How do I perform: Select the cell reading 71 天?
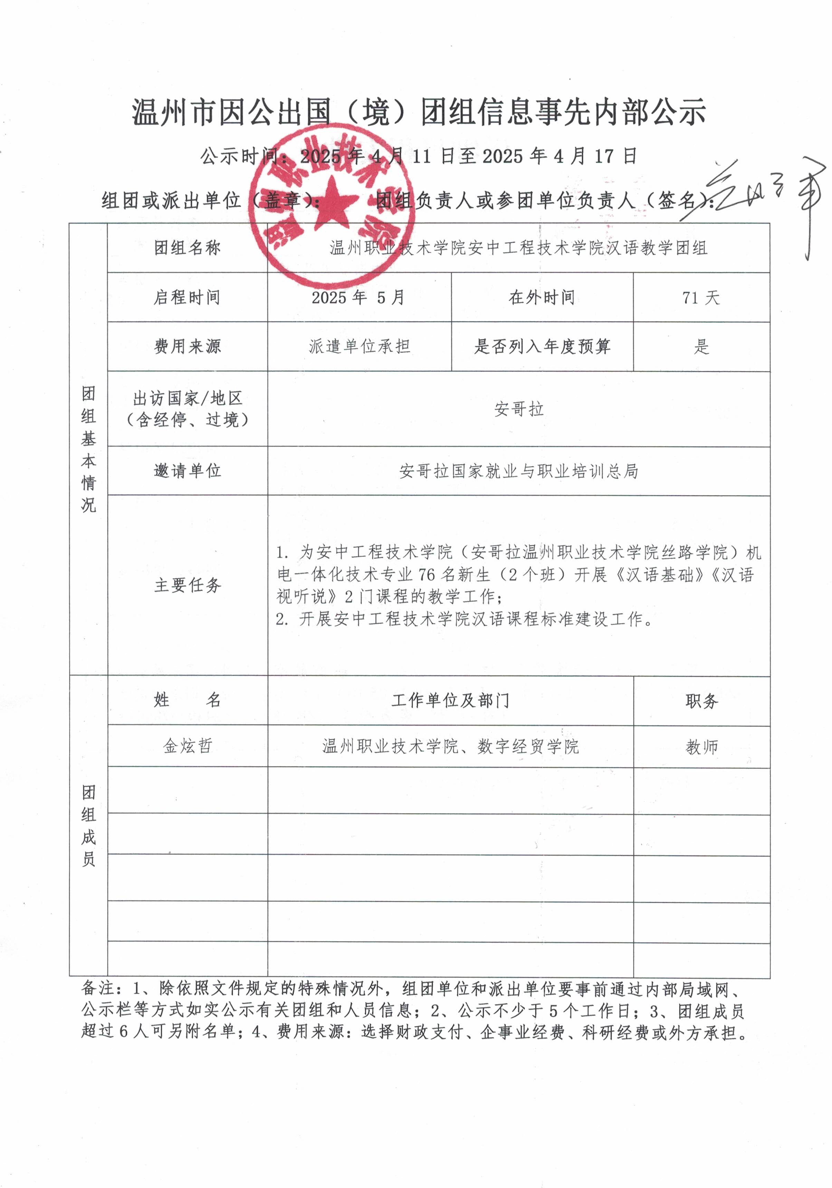701,298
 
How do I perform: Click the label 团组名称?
187,248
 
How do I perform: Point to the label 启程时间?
187,298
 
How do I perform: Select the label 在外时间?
542,298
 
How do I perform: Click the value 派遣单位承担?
360,346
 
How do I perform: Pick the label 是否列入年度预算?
542,346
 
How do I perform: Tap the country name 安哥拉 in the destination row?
519,409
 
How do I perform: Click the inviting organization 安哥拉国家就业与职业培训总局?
519,471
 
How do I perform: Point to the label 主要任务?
187,585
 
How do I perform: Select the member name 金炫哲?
187,746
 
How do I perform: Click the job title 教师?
701,747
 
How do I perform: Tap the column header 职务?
701,701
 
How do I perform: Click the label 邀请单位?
187,471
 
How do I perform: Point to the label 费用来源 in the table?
187,346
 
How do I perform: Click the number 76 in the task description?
427,575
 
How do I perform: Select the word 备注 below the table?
97,988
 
